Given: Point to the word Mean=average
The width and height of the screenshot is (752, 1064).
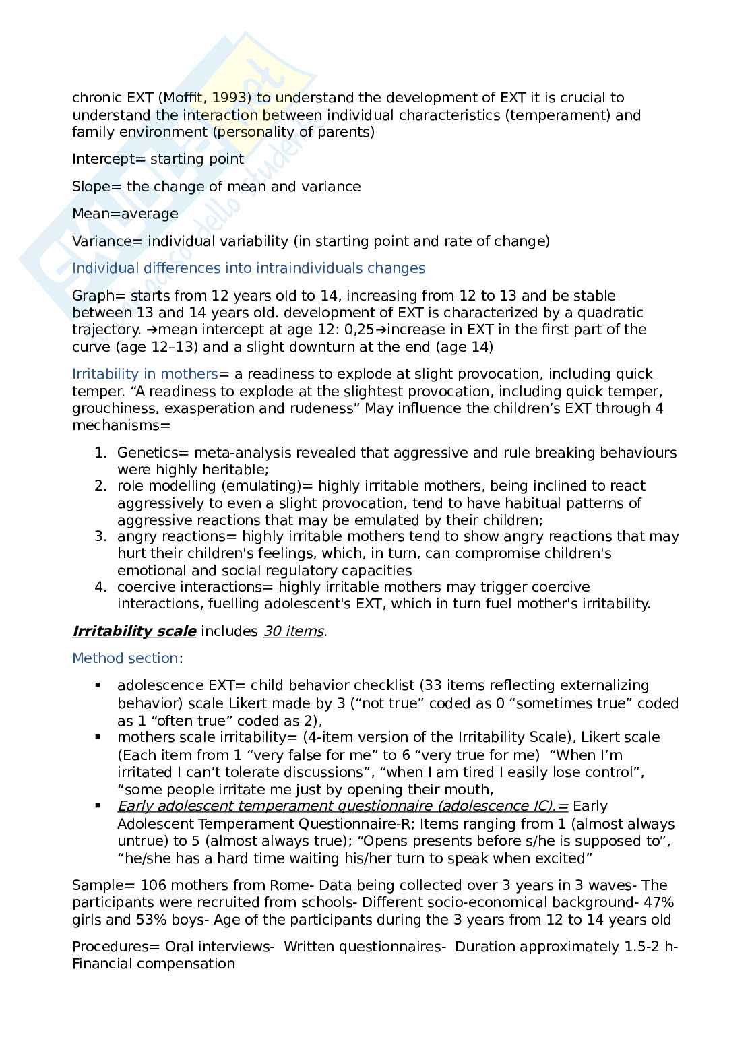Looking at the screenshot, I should [x=125, y=214].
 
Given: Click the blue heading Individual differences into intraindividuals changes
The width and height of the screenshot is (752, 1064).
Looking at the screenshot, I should [x=249, y=268].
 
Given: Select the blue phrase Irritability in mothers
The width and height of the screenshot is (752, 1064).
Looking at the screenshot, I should [x=145, y=374].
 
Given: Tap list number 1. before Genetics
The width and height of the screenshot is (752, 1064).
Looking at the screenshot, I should [x=100, y=453].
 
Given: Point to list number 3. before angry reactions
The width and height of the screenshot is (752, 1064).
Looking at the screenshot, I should [x=100, y=536].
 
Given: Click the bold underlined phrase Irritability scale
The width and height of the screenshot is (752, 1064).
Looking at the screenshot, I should [x=134, y=631].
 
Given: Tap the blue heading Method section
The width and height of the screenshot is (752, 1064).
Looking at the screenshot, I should [x=125, y=658].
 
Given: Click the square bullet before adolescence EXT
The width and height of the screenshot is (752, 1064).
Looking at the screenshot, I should [x=98, y=685].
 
